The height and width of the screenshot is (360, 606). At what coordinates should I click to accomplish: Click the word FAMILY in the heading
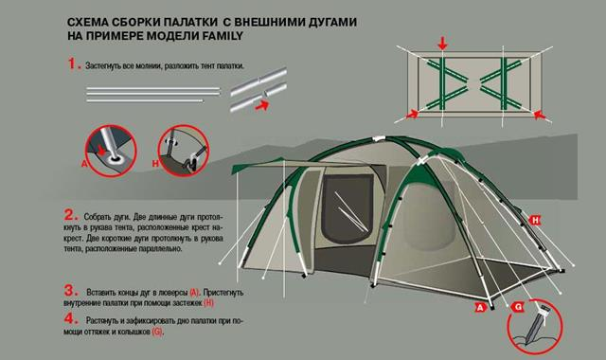coord(223,36)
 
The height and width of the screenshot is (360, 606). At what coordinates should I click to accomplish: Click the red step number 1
coord(72,63)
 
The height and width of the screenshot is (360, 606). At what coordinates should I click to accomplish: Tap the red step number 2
coord(70,215)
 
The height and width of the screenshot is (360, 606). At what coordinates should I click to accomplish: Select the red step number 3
coord(71,290)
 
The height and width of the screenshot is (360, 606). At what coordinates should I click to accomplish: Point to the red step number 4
coord(71,318)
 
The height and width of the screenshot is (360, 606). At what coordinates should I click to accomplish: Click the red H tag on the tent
coord(535,220)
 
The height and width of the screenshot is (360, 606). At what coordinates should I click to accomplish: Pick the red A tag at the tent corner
coord(480,307)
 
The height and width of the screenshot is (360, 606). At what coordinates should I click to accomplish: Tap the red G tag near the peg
coord(518,307)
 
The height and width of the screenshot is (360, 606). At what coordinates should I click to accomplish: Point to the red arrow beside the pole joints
coord(261,105)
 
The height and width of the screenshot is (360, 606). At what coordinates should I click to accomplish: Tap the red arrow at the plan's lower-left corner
coord(413,114)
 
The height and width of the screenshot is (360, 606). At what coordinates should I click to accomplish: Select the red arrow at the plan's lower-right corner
coord(539,115)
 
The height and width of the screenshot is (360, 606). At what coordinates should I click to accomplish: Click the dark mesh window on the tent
coord(348,209)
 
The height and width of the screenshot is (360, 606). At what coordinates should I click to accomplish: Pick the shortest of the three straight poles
coord(145,101)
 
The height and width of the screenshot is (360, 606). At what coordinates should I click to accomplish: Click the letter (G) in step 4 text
coord(157,332)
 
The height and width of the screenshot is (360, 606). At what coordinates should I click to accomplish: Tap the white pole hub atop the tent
coord(378,138)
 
